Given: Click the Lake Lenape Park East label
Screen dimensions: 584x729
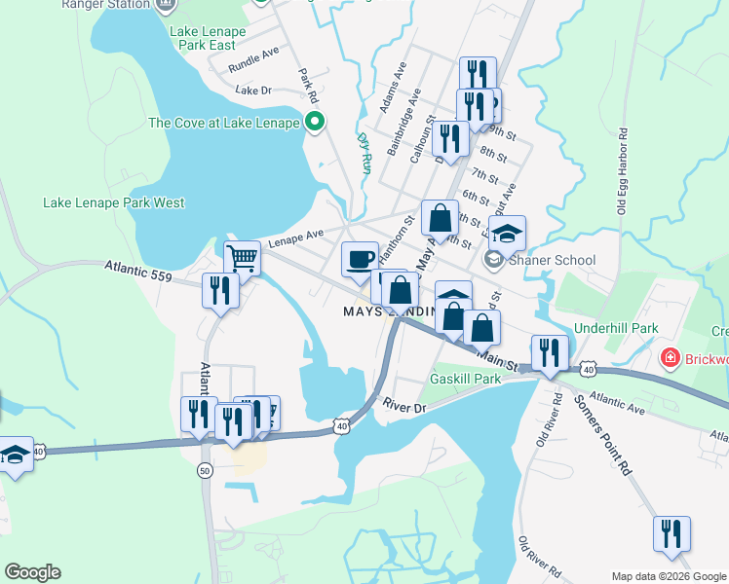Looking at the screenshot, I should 208,38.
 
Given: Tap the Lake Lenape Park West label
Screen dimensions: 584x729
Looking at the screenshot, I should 114,202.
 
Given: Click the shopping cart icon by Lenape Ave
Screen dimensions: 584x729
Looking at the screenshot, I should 242,259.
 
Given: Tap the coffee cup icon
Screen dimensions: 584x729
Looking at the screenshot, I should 360,259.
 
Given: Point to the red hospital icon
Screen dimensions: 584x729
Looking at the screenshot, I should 670,359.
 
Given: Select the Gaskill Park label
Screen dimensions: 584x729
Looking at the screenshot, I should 465,378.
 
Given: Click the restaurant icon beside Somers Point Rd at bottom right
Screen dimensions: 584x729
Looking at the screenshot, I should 671,533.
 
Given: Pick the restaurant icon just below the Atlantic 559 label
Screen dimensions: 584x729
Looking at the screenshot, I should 220,290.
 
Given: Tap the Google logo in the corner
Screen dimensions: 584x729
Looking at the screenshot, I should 32,572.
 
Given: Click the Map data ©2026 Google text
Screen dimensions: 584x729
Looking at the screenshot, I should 668,576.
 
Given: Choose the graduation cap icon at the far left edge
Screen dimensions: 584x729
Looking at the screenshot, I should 15,455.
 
